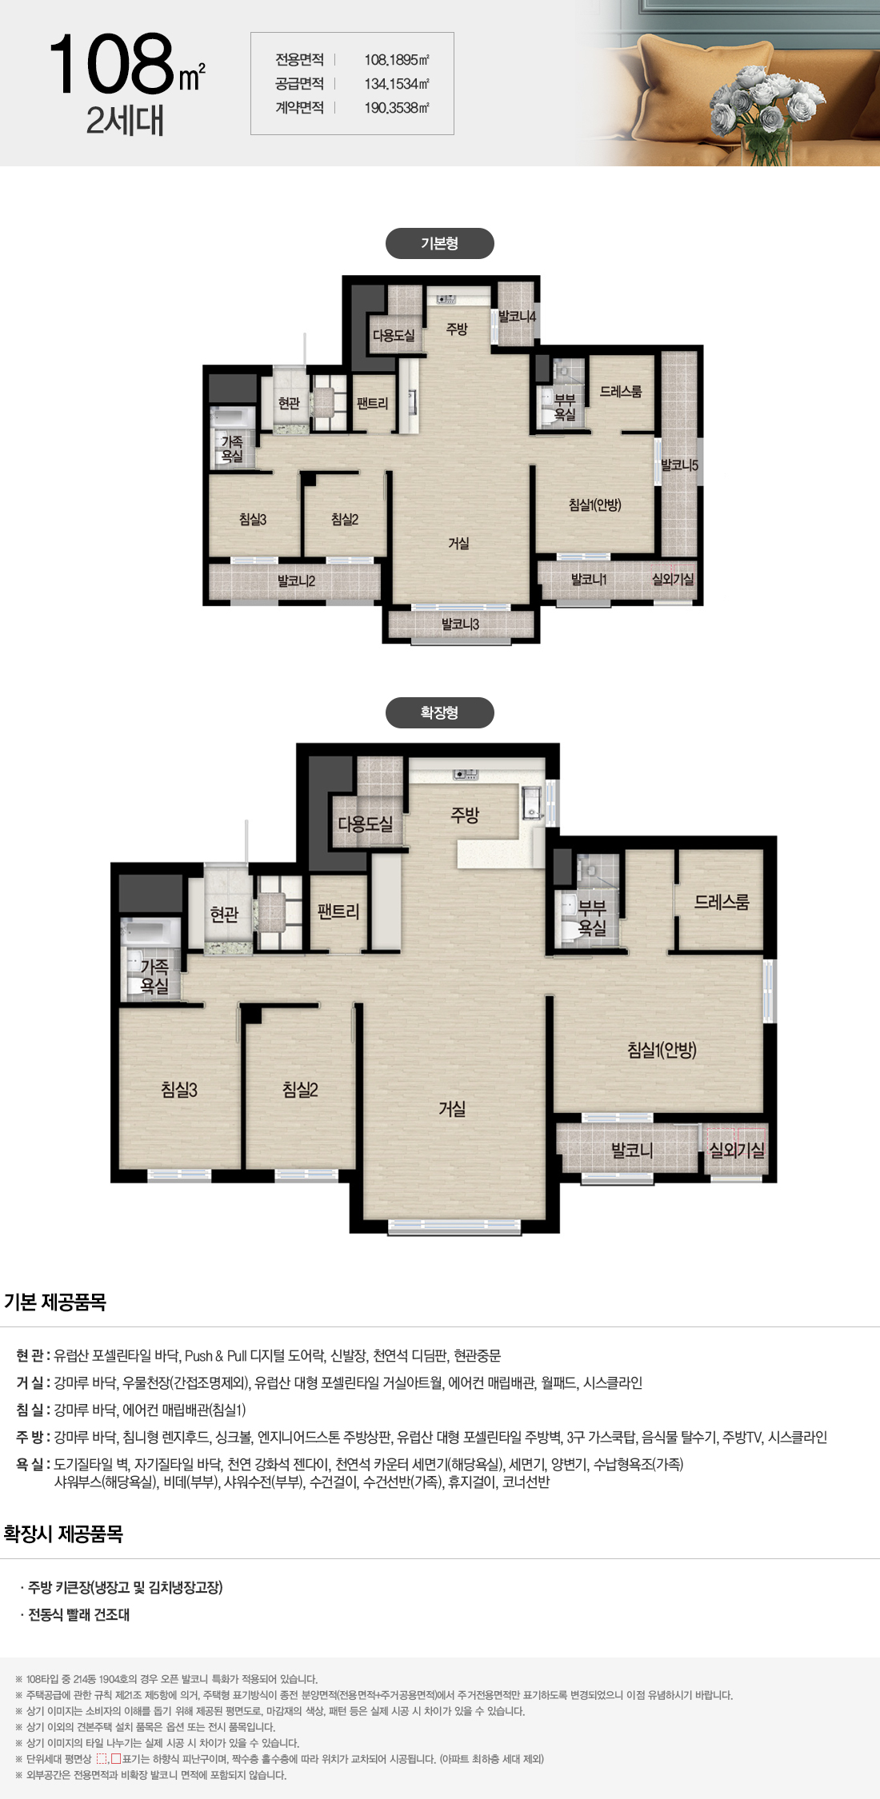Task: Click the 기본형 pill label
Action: click(439, 244)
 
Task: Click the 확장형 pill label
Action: click(439, 713)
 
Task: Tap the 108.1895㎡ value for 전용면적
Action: click(397, 60)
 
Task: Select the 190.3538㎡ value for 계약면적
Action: click(397, 108)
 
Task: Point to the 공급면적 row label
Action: click(299, 84)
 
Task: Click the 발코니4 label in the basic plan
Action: click(517, 317)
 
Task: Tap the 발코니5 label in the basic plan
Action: click(679, 465)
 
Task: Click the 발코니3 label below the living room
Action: click(460, 624)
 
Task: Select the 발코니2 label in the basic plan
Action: click(296, 581)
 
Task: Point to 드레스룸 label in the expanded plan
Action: click(722, 902)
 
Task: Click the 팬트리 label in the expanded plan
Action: click(338, 911)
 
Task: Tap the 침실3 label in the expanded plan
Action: click(179, 1090)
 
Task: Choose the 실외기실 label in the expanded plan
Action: click(737, 1151)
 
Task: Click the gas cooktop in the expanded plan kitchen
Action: click(466, 774)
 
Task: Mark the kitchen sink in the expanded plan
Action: click(532, 803)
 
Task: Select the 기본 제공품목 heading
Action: click(55, 1302)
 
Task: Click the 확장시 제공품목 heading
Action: click(63, 1534)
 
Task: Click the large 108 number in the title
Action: click(112, 63)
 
